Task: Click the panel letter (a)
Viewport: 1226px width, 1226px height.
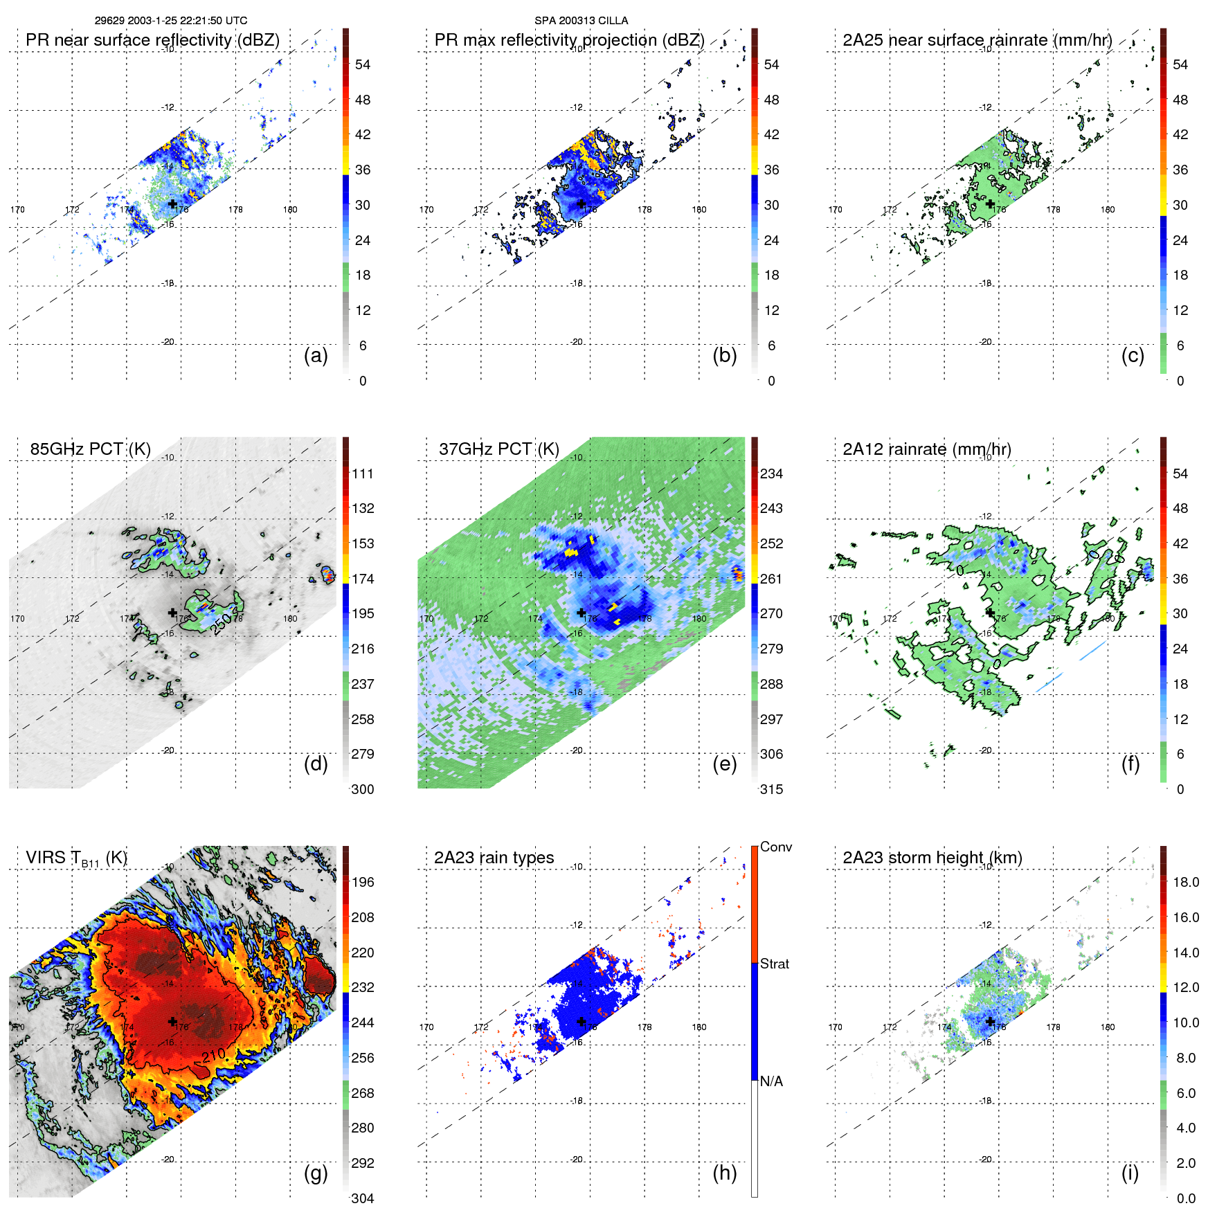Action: pos(316,356)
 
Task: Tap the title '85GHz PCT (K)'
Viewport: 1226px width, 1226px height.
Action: pos(90,449)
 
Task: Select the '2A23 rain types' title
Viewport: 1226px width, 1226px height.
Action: pos(494,858)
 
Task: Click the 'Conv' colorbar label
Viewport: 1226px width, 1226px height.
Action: pos(775,847)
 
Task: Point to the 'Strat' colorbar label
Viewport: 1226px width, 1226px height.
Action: pos(774,964)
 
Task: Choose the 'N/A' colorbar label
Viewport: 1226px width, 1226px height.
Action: pos(771,1081)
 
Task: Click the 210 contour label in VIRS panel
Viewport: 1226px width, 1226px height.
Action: pos(214,1055)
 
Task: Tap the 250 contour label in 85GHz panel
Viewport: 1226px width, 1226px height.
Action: pos(222,624)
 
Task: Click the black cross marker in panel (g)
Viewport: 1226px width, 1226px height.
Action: pos(172,1021)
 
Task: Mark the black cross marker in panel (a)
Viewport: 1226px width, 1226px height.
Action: pos(172,204)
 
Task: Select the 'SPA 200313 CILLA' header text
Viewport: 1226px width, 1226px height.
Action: pos(581,21)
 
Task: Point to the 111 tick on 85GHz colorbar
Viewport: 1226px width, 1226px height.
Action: pos(362,474)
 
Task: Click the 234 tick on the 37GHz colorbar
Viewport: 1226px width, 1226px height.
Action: pos(771,474)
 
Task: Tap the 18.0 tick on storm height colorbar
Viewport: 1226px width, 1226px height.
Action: pos(1185,882)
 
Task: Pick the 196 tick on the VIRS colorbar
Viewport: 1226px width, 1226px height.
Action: pos(362,882)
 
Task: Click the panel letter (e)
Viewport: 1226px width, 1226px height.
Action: pos(724,764)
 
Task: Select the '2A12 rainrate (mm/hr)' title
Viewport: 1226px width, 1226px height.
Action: pos(926,449)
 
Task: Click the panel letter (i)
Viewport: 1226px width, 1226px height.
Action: pos(1130,1173)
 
